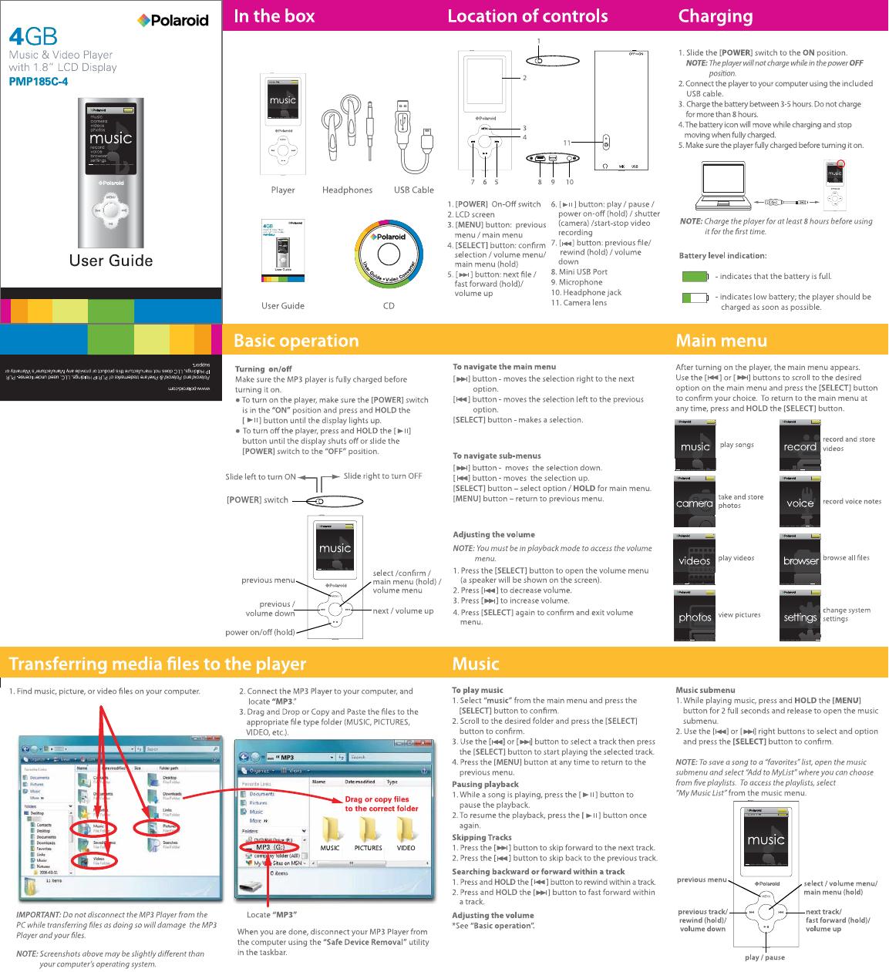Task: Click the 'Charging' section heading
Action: pyautogui.click(x=715, y=16)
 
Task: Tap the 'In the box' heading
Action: pyautogui.click(x=274, y=16)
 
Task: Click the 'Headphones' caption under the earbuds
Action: pyautogui.click(x=347, y=190)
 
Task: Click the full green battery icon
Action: pyautogui.click(x=695, y=276)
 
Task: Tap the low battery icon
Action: pyautogui.click(x=695, y=298)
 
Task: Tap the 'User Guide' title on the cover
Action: pyautogui.click(x=111, y=261)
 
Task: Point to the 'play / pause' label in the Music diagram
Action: pyautogui.click(x=765, y=957)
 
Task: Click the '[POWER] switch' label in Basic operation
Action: pyautogui.click(x=257, y=499)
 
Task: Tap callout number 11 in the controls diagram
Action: pyautogui.click(x=567, y=143)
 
